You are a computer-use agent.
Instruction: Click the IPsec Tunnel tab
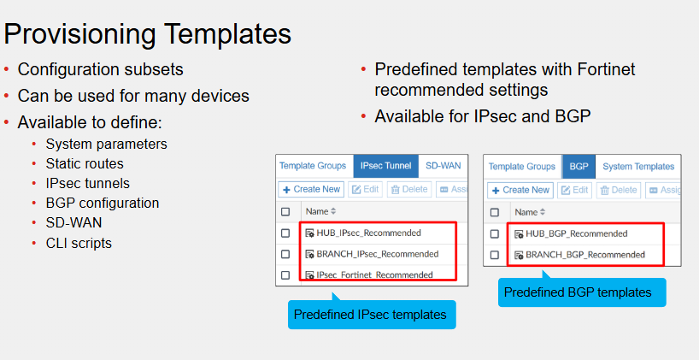tap(385, 166)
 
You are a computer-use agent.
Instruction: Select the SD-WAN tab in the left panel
tap(443, 166)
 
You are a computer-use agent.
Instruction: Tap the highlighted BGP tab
tap(579, 167)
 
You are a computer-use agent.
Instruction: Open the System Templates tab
tap(638, 167)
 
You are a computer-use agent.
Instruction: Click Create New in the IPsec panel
tap(311, 189)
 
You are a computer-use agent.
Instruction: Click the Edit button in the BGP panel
tap(574, 190)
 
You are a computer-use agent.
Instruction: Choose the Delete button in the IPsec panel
tap(409, 189)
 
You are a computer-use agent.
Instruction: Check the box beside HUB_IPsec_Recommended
tap(285, 233)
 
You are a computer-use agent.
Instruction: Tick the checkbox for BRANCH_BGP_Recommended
tap(495, 255)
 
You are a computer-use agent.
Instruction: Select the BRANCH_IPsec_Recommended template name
tap(377, 254)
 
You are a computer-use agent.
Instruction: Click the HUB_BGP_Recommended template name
tap(577, 233)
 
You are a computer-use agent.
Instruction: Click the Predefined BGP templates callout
tap(582, 292)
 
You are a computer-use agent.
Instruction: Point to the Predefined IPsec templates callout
tap(372, 315)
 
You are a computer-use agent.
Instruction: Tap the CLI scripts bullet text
tap(79, 243)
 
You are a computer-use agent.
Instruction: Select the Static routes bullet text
tap(85, 163)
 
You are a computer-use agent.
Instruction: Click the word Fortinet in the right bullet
tap(606, 69)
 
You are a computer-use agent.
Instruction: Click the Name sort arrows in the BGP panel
tap(542, 212)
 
